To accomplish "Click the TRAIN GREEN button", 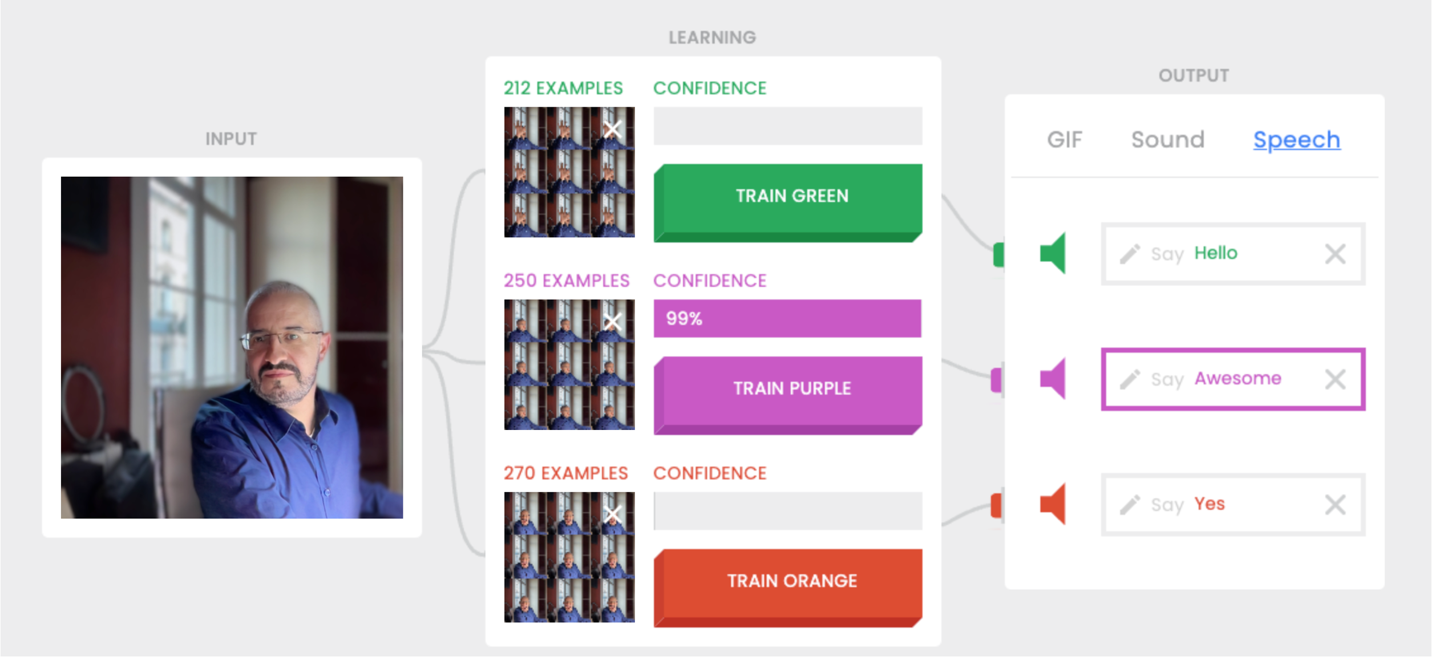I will (791, 197).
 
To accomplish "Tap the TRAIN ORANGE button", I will (791, 582).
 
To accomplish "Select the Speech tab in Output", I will (1296, 140).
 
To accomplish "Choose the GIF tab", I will (1064, 140).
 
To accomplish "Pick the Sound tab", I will (1167, 140).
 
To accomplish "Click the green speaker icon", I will (1053, 253).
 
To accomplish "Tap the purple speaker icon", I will (1053, 379).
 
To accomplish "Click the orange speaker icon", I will (1053, 504).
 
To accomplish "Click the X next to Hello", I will (1335, 254).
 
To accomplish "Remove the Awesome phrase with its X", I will (1335, 379).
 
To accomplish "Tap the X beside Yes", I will (1335, 505).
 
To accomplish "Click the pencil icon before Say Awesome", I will (1130, 379).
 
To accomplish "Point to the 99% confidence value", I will (684, 318).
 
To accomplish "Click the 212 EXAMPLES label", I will (563, 88).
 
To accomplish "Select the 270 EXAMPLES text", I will (565, 473).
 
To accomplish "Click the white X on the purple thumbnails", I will (613, 322).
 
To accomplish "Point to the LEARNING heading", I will (712, 38).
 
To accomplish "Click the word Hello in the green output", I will (1216, 253).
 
